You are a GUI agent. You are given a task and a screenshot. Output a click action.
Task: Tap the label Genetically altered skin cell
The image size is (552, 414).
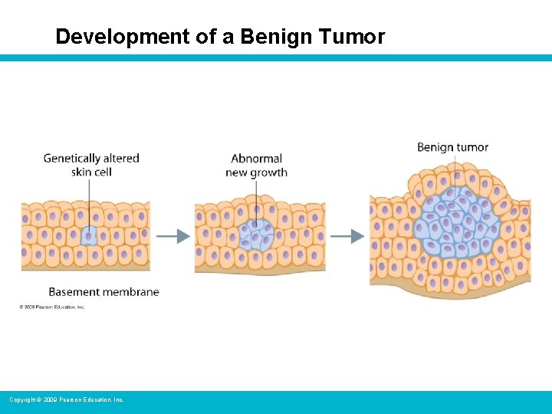(x=91, y=165)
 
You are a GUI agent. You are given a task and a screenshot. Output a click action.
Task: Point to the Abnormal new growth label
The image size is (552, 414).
(x=256, y=165)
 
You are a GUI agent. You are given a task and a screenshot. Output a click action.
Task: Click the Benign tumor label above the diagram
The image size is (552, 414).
(x=452, y=147)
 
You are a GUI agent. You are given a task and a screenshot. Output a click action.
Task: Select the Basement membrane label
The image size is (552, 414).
(x=103, y=291)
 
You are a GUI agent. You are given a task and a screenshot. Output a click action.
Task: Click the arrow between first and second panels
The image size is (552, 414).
(x=173, y=236)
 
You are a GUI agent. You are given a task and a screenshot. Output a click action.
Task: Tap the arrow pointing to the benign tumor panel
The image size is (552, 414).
(x=347, y=236)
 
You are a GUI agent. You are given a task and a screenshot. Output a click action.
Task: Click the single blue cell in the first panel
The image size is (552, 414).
(x=88, y=235)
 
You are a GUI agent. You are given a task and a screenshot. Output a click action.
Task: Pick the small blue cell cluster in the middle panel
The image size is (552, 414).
(x=256, y=234)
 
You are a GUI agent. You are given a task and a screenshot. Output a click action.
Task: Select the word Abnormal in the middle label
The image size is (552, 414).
(x=257, y=159)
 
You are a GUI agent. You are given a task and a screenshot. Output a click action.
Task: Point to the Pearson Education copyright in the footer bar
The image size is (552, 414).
(x=66, y=400)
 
